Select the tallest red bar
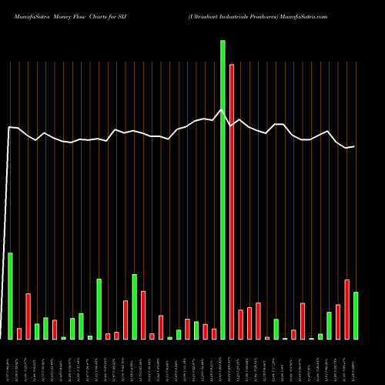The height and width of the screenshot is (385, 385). (232, 202)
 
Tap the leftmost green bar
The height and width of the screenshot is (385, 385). (10, 296)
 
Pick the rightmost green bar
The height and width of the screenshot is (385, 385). (356, 316)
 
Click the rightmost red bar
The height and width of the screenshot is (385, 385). (347, 310)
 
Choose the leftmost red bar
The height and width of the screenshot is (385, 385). (19, 333)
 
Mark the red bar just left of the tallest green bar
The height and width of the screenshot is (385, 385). (214, 333)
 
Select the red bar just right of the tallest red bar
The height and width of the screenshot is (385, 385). (241, 324)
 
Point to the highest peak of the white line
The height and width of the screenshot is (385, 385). (223, 109)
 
